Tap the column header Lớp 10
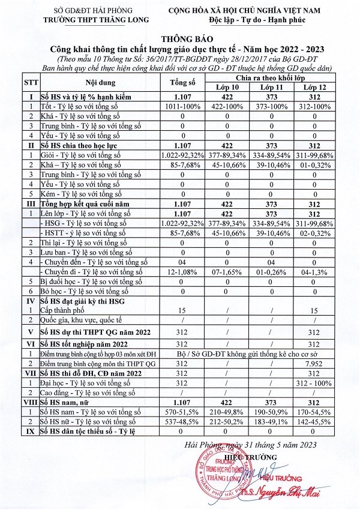coord(227,88)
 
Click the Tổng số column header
coord(184,83)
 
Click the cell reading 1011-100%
coord(184,106)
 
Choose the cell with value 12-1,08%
coord(184,272)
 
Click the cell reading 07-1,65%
coord(227,272)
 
